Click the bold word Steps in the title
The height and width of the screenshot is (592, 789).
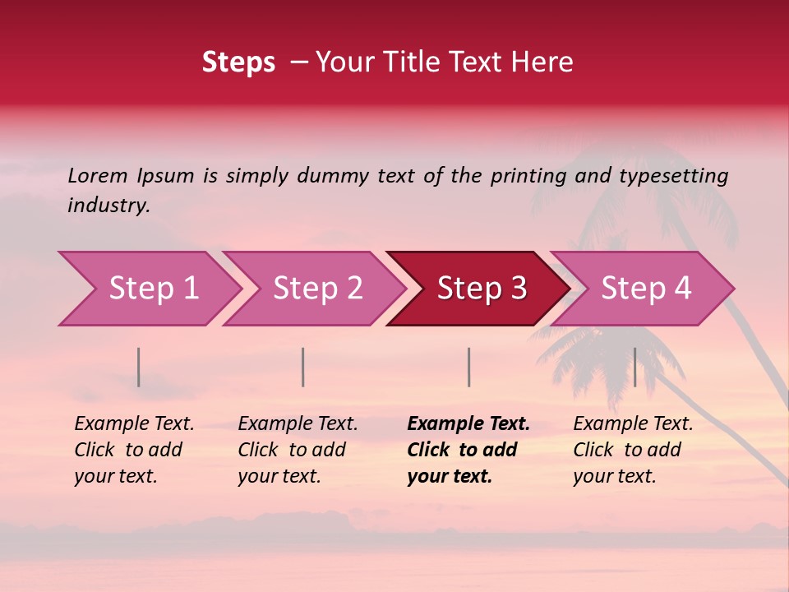238,62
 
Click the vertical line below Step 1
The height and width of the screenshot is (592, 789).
139,367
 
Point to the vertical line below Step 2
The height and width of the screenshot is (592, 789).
303,367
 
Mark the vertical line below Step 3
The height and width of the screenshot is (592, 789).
468,367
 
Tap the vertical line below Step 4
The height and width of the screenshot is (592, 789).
634,367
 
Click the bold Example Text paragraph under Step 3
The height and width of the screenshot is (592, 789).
468,450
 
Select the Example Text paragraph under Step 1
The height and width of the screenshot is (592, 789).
134,450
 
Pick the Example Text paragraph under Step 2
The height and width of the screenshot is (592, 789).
298,450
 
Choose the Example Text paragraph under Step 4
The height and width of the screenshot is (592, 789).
633,450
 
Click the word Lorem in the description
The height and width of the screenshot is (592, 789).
98,175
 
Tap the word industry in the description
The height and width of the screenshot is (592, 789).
108,206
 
